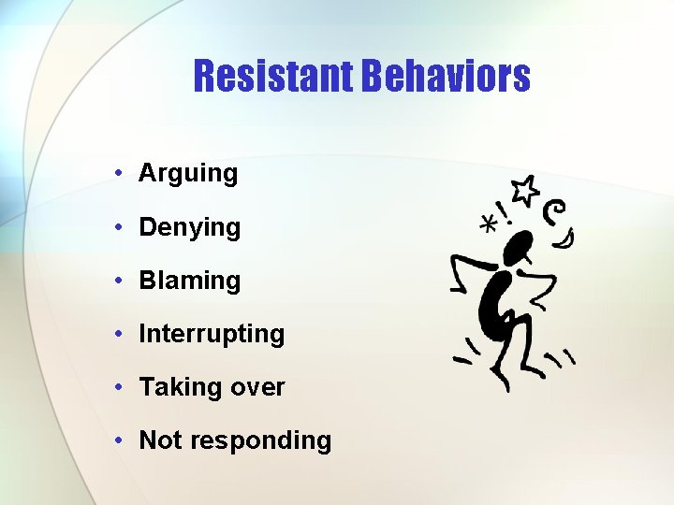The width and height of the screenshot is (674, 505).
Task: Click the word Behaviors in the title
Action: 445,77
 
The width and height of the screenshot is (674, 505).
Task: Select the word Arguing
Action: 188,173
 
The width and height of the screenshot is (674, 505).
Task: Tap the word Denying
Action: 189,227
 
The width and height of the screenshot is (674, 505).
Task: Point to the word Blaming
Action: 189,281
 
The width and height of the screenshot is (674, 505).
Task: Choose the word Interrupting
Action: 212,334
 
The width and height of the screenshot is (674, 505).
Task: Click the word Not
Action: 159,440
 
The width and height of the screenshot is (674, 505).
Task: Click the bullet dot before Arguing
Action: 120,173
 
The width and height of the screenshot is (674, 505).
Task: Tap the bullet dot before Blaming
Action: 120,281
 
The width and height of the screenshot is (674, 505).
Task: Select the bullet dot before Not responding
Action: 120,440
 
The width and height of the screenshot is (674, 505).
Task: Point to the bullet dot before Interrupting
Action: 120,334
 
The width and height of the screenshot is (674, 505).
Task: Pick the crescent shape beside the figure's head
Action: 564,242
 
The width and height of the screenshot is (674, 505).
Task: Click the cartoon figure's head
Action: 518,248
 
